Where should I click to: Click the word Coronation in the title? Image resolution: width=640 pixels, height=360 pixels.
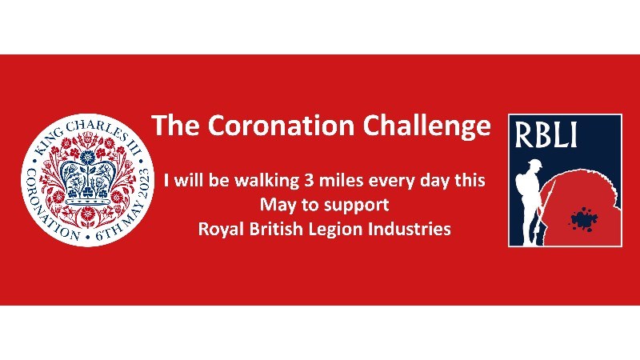(281, 126)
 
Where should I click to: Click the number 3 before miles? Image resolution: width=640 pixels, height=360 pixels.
(309, 181)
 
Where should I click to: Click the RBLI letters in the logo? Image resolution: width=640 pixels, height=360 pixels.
(546, 135)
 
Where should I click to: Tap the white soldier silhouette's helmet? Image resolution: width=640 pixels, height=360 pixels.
(533, 164)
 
